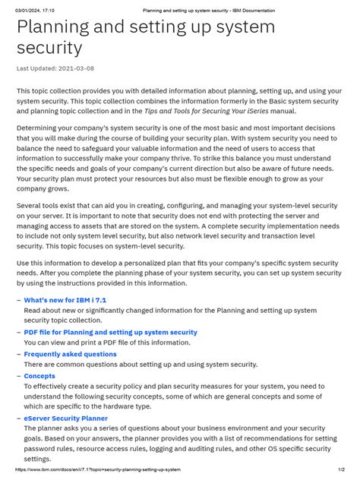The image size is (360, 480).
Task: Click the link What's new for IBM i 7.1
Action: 65,300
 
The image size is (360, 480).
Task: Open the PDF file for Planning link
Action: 110,332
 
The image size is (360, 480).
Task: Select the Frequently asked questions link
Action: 70,354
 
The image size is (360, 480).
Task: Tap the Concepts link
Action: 39,375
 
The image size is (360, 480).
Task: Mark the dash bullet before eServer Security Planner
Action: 19,418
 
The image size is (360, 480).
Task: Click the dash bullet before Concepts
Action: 19,375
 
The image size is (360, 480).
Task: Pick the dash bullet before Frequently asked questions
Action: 19,354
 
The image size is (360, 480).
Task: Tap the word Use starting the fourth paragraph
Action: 24,262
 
